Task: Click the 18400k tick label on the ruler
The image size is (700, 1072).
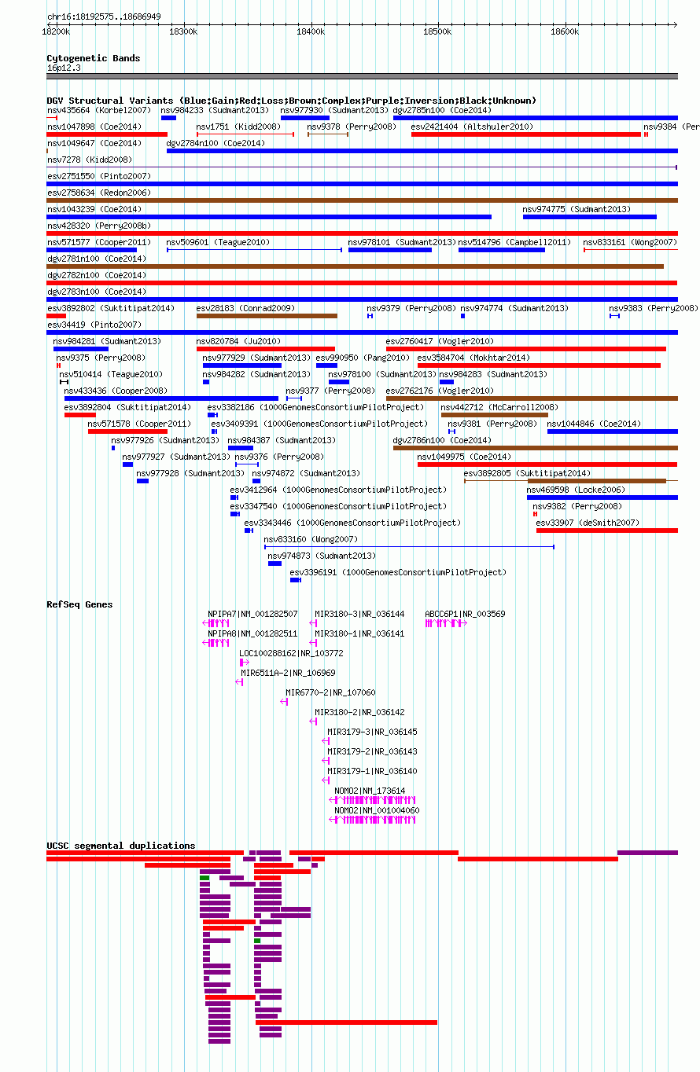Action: (x=310, y=32)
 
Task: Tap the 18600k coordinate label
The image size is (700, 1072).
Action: (x=565, y=32)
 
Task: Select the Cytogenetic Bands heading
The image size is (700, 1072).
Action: (x=94, y=58)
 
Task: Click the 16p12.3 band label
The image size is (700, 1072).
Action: (x=64, y=68)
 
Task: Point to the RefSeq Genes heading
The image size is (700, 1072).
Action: (x=79, y=604)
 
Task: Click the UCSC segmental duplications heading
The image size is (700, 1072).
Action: (x=120, y=846)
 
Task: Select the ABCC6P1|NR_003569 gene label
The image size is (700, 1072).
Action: (x=465, y=614)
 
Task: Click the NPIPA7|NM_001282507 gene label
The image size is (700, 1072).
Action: (x=252, y=614)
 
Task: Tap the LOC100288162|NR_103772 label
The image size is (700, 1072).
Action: (x=291, y=653)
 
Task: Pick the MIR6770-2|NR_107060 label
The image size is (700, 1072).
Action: (x=330, y=692)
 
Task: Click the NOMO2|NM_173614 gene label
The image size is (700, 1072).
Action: (x=370, y=791)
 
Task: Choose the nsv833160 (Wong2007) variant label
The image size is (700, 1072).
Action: (x=311, y=539)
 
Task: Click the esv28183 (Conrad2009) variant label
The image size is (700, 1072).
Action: (x=245, y=308)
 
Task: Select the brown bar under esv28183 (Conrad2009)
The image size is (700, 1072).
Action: (x=267, y=316)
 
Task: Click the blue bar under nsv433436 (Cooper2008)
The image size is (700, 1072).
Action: (x=171, y=398)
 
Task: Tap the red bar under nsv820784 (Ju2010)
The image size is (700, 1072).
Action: (x=266, y=349)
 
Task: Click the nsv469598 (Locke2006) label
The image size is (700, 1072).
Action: (x=576, y=490)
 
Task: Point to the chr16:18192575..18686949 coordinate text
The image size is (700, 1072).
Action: (x=104, y=17)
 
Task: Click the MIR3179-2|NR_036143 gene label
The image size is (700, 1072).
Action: (x=372, y=751)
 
